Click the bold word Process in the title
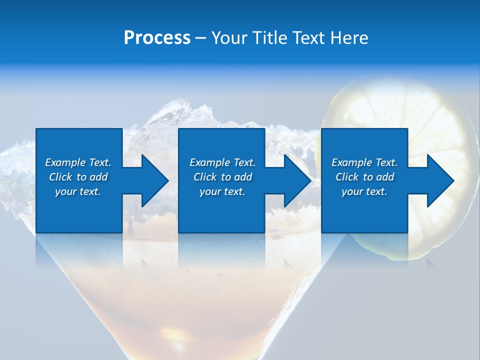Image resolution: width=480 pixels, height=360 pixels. pyautogui.click(x=157, y=38)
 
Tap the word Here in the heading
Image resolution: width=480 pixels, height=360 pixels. pyautogui.click(x=348, y=38)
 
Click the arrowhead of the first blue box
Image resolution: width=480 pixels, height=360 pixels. pyautogui.click(x=152, y=180)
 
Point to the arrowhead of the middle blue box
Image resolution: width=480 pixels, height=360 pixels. pyautogui.click(x=295, y=180)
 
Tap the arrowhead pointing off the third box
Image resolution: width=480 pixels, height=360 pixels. pyautogui.click(x=438, y=180)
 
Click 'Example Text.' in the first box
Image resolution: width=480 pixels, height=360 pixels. pyautogui.click(x=78, y=162)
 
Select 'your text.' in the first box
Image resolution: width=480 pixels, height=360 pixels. pyautogui.click(x=78, y=191)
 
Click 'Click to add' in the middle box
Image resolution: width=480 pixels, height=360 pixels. pyautogui.click(x=222, y=177)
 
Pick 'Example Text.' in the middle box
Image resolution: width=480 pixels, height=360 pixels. pyautogui.click(x=222, y=162)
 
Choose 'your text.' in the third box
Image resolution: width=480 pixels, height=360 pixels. pyautogui.click(x=364, y=191)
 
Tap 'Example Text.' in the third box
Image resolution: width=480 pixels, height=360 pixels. pyautogui.click(x=364, y=162)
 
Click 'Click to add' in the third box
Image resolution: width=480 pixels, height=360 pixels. pyautogui.click(x=364, y=177)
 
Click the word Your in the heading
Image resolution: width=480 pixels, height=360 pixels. pyautogui.click(x=228, y=38)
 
